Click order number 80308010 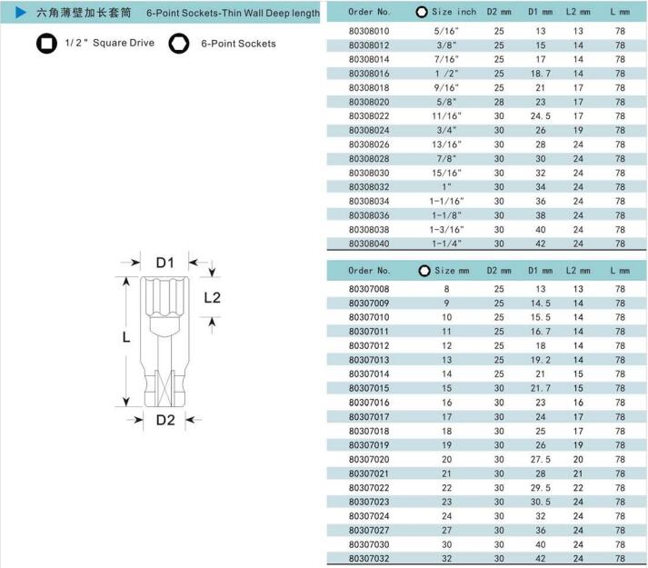point(369,31)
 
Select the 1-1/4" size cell point(446,244)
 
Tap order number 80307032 point(369,559)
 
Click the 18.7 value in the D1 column point(540,74)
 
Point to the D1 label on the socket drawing point(164,263)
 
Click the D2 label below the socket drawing point(165,420)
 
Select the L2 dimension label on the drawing point(212,298)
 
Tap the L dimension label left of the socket point(126,337)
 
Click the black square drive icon point(46,44)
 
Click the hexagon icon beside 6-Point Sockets point(179,44)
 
